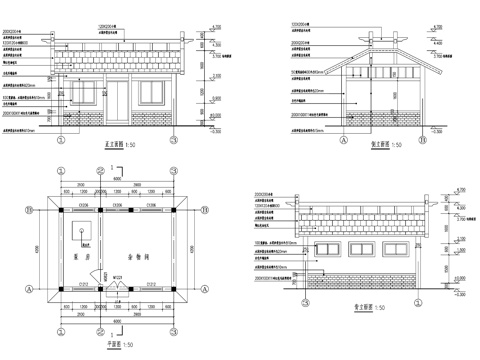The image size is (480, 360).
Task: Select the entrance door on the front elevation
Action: tap(119, 101)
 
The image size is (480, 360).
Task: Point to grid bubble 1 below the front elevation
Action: tap(62, 140)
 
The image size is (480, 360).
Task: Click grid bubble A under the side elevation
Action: tap(343, 140)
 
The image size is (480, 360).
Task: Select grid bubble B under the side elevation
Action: tap(423, 140)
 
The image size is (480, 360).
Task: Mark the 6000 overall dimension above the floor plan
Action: tap(116, 179)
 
